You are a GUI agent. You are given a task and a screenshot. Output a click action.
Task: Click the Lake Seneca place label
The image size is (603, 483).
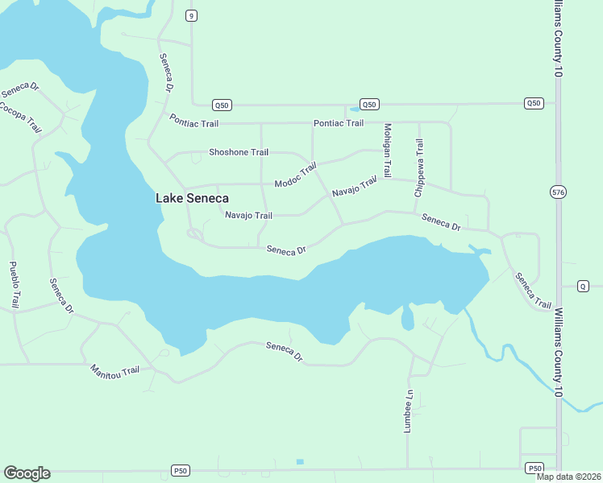tap(192, 198)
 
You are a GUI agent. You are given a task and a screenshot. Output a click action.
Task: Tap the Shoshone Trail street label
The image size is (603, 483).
tap(238, 152)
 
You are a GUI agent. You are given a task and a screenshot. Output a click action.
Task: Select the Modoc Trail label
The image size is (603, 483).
tap(296, 176)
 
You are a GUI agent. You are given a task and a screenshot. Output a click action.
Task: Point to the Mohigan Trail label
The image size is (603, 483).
tap(387, 151)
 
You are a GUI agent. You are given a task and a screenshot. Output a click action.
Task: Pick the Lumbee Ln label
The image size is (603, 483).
tap(409, 412)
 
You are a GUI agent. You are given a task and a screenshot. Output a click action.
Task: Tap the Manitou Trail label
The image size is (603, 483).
tap(114, 369)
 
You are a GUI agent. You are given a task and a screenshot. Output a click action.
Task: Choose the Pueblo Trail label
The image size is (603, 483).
tap(14, 285)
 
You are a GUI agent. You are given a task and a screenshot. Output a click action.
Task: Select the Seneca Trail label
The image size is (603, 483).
tap(533, 291)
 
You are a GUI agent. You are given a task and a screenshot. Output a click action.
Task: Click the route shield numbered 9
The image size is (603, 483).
tap(190, 15)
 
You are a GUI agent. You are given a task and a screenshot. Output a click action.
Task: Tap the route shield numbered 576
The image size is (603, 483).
tap(558, 192)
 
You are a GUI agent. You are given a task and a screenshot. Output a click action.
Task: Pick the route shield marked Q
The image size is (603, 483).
tap(584, 286)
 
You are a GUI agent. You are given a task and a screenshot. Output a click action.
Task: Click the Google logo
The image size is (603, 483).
tap(27, 473)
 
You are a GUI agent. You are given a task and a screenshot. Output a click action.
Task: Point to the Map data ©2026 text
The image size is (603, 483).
tap(569, 477)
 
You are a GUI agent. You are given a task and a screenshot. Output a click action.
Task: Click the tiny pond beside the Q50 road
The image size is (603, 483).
tap(354, 109)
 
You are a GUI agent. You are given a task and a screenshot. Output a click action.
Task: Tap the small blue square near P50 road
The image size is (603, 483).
tap(300, 461)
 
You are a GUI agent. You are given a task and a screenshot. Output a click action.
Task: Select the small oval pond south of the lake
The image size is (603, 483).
tap(407, 318)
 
